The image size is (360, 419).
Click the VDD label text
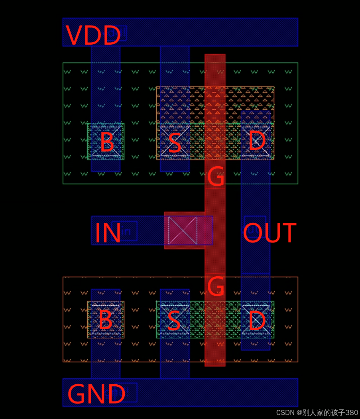tap(93, 36)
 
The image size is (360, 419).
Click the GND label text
tap(96, 394)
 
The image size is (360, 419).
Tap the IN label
tap(108, 233)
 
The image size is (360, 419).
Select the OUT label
tap(270, 233)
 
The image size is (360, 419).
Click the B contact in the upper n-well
tap(106, 142)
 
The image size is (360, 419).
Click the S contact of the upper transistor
tap(175, 142)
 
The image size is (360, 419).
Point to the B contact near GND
tap(106, 320)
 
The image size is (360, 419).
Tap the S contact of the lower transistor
tap(174, 320)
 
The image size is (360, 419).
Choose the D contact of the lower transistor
tap(256, 320)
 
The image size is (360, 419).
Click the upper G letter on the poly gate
tap(215, 177)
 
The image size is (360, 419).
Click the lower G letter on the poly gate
tap(215, 286)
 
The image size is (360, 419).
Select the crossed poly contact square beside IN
tap(183, 230)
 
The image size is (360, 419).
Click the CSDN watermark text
tap(317, 413)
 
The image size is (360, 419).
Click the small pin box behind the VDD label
tap(118, 33)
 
